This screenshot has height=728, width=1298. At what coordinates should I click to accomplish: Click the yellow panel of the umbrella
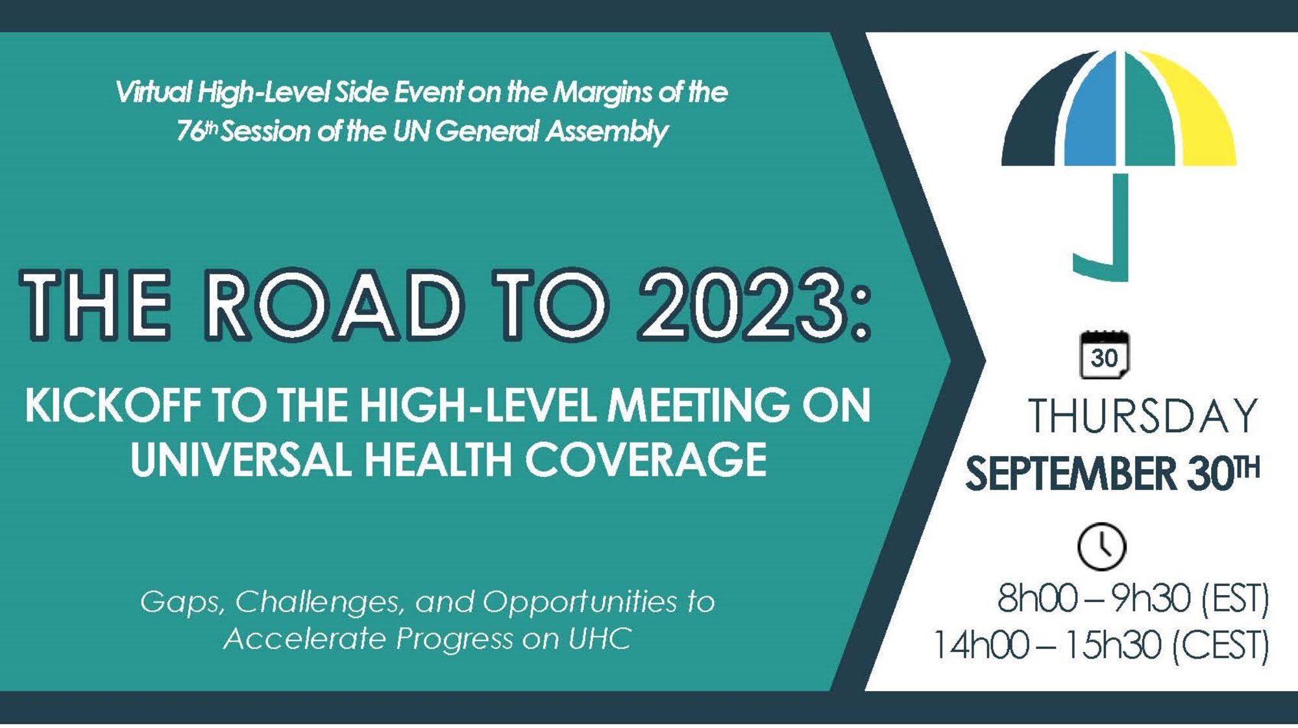[x=1201, y=117]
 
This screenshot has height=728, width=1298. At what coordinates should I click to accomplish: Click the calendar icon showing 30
[x=1104, y=354]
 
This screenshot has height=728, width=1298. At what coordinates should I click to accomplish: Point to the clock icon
[x=1101, y=546]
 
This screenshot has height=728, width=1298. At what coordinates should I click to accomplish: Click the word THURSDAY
[x=1143, y=416]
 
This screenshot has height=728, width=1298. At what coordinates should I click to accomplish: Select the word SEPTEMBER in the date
[x=1071, y=473]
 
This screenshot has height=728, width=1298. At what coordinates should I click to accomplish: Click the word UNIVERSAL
[x=241, y=460]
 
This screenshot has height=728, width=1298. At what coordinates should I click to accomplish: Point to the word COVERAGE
[x=646, y=460]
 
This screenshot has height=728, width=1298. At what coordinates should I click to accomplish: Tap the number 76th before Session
[x=197, y=130]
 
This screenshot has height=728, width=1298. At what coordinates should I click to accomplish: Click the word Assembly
[x=607, y=132]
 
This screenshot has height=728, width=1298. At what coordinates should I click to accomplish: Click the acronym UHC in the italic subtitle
[x=600, y=639]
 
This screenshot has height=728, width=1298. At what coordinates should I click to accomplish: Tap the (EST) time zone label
[x=1235, y=598]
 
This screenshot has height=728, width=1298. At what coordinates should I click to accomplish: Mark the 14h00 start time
[x=981, y=645]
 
